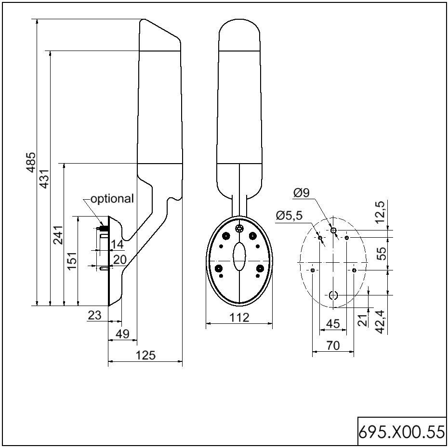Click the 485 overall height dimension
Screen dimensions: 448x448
tap(31, 162)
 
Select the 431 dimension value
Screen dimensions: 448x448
tap(44, 178)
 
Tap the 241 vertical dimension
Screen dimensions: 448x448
tap(58, 234)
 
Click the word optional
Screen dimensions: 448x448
tap(112, 198)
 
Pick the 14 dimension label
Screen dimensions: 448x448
tap(117, 244)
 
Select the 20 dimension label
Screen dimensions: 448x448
tap(119, 260)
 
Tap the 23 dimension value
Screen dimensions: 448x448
tap(95, 315)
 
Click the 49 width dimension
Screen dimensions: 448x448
tap(123, 333)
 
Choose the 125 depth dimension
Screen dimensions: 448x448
tap(146, 355)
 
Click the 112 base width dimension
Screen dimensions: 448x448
tap(239, 318)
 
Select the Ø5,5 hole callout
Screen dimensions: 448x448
tap(289, 216)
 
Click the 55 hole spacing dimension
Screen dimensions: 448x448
tap(382, 253)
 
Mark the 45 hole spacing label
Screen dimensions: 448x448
tap(333, 324)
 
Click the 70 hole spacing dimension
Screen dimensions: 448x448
tap(333, 345)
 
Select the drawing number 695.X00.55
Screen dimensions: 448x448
tap(401, 432)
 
